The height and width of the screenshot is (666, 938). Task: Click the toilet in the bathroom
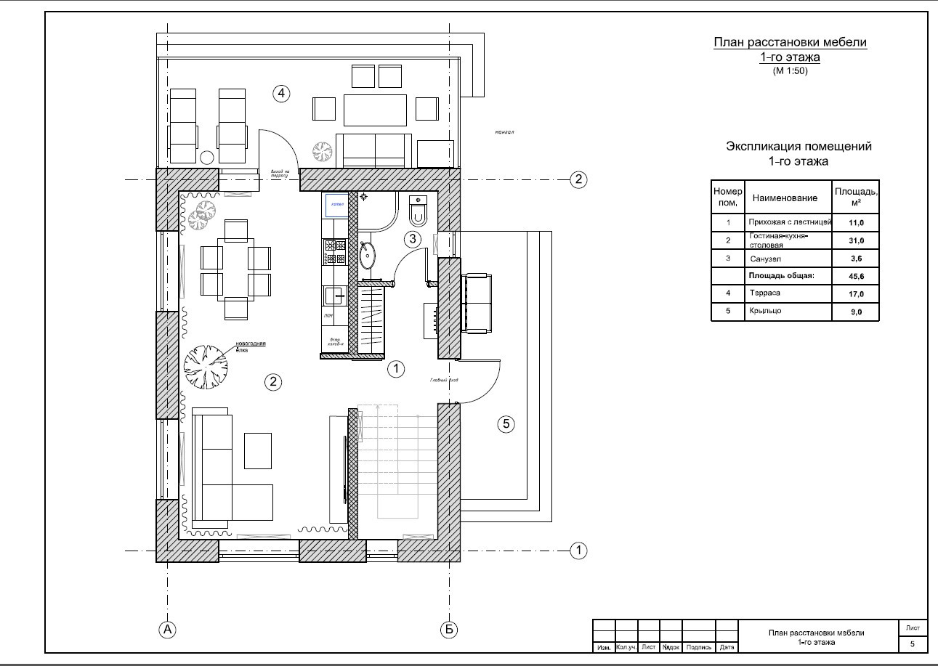click(419, 211)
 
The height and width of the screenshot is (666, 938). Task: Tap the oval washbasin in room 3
click(368, 255)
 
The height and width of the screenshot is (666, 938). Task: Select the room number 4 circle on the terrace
click(281, 92)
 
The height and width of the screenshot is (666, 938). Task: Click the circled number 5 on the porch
click(506, 424)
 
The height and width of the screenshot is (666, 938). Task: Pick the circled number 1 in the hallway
click(396, 369)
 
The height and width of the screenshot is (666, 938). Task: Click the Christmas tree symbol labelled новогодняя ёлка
click(206, 366)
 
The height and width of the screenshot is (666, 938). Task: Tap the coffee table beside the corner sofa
click(257, 450)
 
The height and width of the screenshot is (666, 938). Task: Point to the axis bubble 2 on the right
click(578, 179)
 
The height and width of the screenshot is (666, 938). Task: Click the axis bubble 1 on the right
click(578, 551)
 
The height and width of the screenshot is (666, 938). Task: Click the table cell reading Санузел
click(764, 259)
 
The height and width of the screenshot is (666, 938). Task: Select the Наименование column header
click(785, 198)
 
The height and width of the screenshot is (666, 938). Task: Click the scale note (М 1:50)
click(790, 70)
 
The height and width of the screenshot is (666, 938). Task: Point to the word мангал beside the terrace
click(504, 133)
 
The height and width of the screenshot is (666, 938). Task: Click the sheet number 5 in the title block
click(913, 643)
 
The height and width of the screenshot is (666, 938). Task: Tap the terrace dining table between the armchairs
click(375, 110)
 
